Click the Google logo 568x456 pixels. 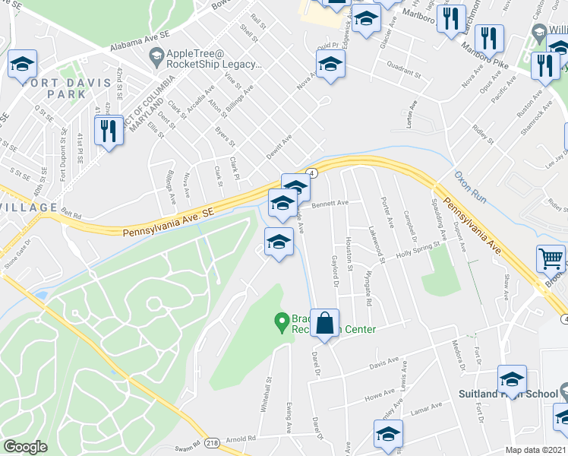pos(25,447)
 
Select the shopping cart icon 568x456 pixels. pos(551,258)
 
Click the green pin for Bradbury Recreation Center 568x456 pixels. pos(282,323)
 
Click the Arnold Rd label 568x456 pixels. pos(240,439)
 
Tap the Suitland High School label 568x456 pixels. pos(509,394)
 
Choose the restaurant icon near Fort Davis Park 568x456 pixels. pos(109,131)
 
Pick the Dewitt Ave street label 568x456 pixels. pos(279,144)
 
